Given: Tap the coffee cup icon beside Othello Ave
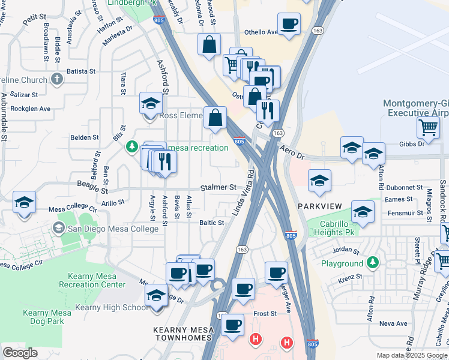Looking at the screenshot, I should (289, 25).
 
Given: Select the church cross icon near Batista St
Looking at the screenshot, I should (56, 79).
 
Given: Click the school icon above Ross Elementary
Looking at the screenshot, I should (151, 103).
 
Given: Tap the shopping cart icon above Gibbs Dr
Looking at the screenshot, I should (428, 127).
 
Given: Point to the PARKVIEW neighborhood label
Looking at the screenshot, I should (319, 206).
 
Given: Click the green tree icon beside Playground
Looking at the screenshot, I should (373, 263).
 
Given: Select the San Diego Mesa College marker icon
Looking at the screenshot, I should (58, 227).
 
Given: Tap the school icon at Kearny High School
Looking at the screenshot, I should (156, 296).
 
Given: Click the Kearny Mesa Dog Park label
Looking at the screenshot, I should (43, 317).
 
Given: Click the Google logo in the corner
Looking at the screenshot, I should (20, 352).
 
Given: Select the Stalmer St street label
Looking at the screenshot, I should (218, 187).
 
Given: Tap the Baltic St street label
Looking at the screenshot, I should (211, 223).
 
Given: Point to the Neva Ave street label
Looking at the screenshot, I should (393, 323).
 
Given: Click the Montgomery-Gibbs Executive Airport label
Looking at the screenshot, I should (415, 107).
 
